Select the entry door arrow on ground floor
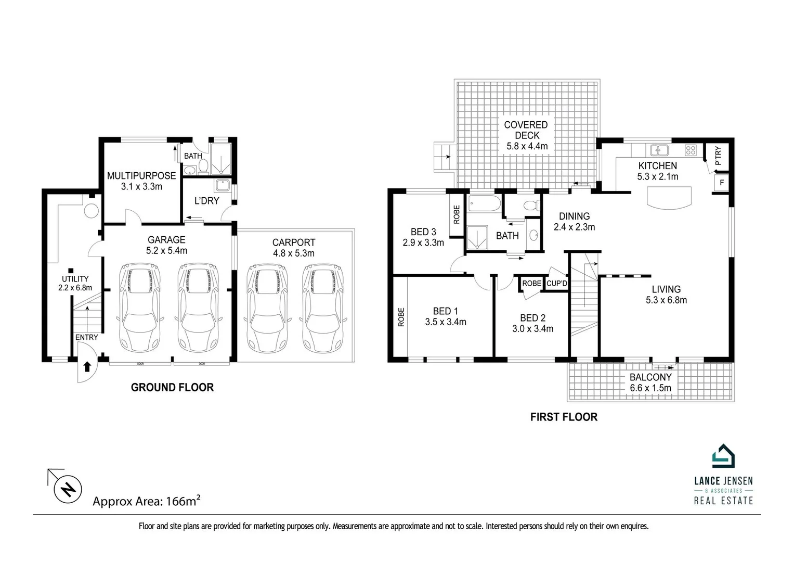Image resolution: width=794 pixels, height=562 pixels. click(x=87, y=366)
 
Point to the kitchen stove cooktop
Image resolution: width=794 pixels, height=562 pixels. click(x=691, y=150)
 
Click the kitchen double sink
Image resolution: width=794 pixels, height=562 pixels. click(x=659, y=150)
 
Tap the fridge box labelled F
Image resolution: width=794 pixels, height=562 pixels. click(x=721, y=183)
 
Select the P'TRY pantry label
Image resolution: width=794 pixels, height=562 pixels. click(x=718, y=156)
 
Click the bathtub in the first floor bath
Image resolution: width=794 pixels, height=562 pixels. click(x=484, y=203)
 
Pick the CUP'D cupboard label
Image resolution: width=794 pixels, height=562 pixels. click(x=556, y=284)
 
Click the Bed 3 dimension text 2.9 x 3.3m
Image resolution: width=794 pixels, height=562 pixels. click(x=423, y=242)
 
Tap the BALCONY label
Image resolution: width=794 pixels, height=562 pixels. click(x=650, y=377)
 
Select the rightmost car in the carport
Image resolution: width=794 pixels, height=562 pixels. click(x=322, y=308)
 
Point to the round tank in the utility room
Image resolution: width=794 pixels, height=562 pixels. click(x=91, y=211)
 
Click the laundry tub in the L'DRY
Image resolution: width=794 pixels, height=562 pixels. click(x=223, y=185)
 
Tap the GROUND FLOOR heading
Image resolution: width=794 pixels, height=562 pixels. click(x=172, y=387)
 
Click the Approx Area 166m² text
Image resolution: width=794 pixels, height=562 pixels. click(x=147, y=501)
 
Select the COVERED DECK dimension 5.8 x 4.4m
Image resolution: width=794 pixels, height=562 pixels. click(x=527, y=146)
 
